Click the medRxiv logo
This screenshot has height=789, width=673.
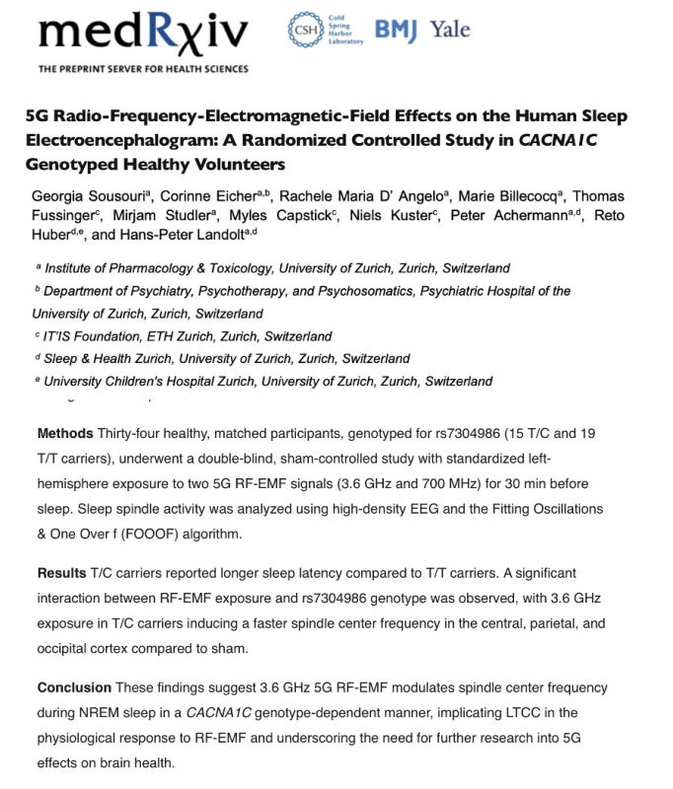(143, 36)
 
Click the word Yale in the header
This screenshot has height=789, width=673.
(448, 29)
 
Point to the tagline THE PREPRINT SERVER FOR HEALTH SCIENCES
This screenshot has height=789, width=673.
(143, 69)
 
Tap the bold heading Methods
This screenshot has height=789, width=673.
(65, 434)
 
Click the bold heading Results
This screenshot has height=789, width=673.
(61, 572)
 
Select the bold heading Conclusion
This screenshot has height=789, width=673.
(74, 687)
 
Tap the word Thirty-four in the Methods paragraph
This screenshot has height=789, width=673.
(133, 434)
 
